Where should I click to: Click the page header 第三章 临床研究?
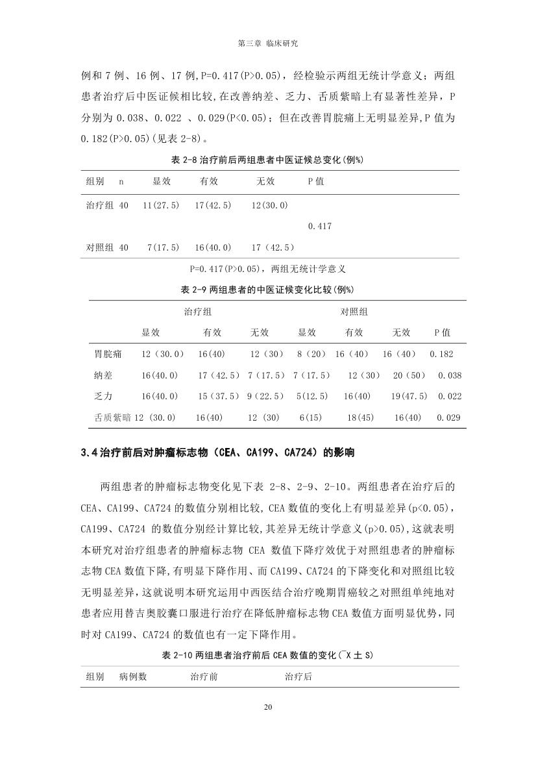coord(268,44)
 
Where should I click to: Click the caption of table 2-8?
coord(267,160)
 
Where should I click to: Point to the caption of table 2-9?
coord(267,289)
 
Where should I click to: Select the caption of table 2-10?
coord(267,655)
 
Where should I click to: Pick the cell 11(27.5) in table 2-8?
coord(161,205)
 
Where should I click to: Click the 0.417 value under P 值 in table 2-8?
coord(320,226)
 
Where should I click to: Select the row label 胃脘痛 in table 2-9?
coord(108,355)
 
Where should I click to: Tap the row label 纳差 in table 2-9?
coord(103,375)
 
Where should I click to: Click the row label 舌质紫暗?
coord(112,417)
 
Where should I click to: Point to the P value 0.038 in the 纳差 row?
coord(450,375)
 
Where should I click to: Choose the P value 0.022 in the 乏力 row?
coord(450,396)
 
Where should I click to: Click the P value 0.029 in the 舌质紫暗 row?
coord(448,417)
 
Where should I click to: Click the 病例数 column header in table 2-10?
coord(133,677)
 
